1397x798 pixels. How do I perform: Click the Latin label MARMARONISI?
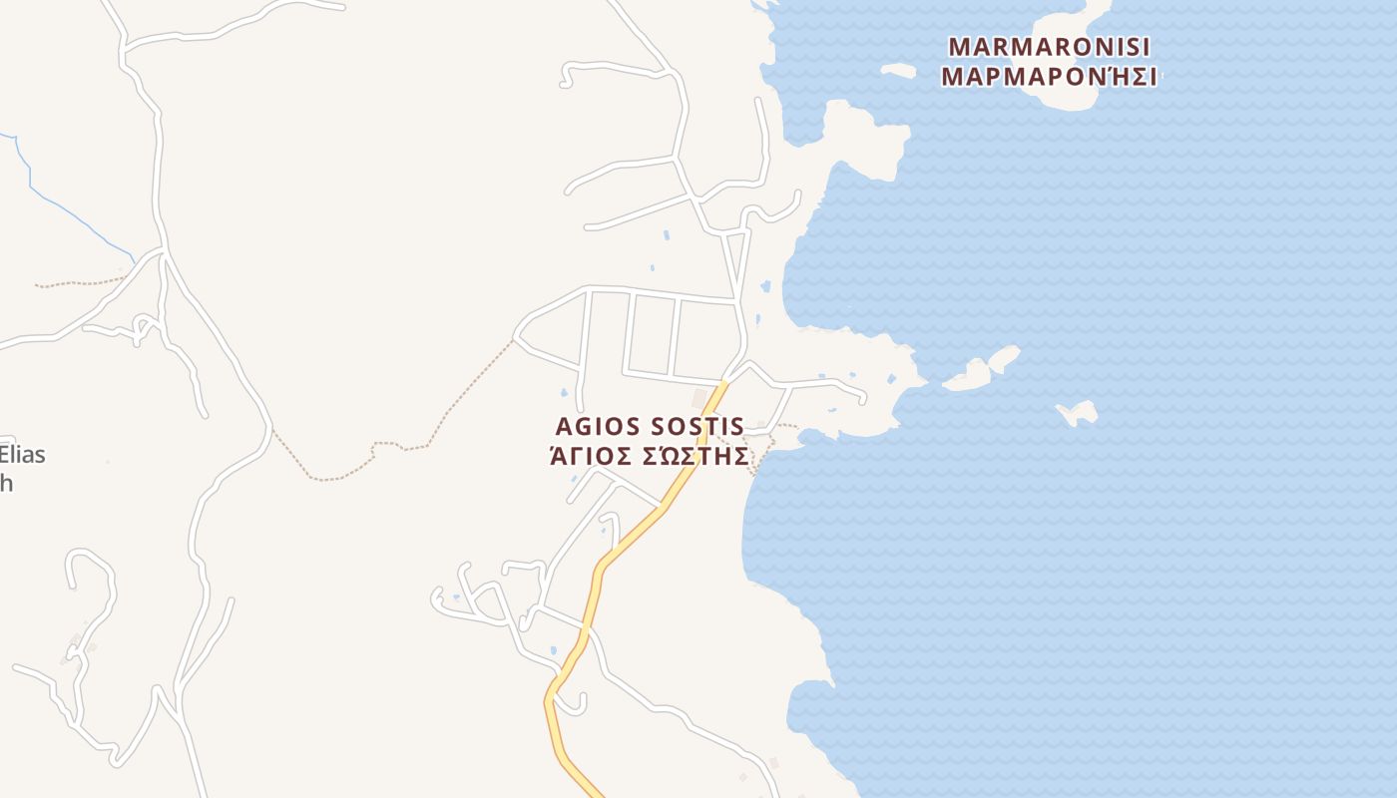point(1049,47)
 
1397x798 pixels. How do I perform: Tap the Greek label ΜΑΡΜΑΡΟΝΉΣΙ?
point(1049,78)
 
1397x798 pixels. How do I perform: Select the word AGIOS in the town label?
point(597,427)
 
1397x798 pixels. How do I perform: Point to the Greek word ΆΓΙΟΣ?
point(591,457)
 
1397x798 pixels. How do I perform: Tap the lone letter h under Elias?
point(6,484)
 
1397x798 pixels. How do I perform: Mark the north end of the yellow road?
point(723,383)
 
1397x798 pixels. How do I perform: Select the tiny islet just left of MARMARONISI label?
point(898,71)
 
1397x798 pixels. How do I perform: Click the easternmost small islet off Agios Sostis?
point(1079,411)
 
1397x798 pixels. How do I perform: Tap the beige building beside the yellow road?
point(698,398)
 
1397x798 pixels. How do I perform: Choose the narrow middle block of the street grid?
point(652,336)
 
